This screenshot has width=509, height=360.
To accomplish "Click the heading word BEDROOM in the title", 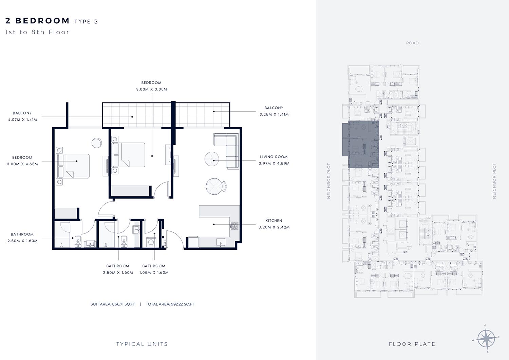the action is (x=42, y=21).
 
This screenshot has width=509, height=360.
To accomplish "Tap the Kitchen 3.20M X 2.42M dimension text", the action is (x=274, y=227).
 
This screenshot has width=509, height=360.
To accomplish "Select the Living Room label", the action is (x=274, y=157).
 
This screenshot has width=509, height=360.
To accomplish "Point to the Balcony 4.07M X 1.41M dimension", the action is (x=22, y=119).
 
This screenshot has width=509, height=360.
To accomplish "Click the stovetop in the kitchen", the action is (x=234, y=226).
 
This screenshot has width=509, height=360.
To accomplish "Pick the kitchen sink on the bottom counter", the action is (x=221, y=242).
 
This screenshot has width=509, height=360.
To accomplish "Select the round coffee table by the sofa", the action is (x=212, y=159).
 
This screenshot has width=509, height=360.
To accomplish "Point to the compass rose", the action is (x=486, y=338).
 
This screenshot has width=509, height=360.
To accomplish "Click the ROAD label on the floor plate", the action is (x=412, y=43).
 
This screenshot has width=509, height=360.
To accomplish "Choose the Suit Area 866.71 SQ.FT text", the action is (x=113, y=304).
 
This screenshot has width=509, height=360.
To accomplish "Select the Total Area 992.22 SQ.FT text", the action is (x=170, y=304).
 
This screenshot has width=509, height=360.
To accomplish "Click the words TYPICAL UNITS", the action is (x=142, y=344).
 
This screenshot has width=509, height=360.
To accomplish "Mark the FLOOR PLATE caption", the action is (x=412, y=344).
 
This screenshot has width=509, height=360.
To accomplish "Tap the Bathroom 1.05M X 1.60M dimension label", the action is (x=154, y=272).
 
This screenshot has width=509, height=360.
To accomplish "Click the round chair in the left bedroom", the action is (x=97, y=143).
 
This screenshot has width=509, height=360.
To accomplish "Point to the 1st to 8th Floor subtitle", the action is (x=37, y=32).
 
